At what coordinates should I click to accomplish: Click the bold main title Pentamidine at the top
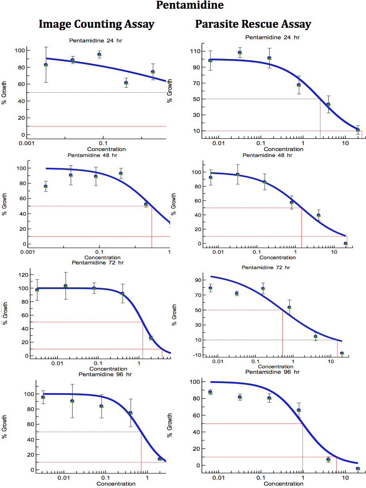click(x=190, y=6)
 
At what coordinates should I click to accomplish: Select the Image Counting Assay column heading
click(x=96, y=25)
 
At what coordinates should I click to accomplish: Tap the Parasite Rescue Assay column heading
click(x=253, y=25)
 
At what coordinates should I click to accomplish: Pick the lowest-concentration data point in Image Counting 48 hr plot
click(x=46, y=186)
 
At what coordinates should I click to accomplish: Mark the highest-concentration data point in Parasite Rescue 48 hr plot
click(x=345, y=243)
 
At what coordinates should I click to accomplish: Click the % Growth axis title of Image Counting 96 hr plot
click(x=4, y=431)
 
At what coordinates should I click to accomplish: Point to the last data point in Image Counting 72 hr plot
click(x=151, y=338)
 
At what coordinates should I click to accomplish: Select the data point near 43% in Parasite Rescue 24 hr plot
click(x=328, y=105)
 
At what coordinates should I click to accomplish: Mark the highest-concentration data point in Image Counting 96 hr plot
click(x=160, y=459)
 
